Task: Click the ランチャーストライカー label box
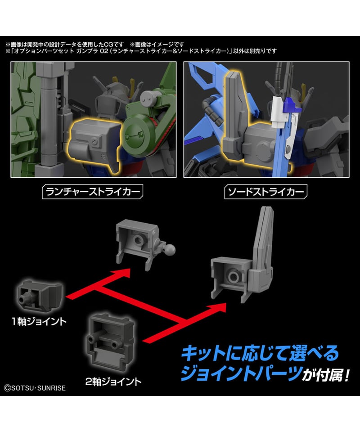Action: (x=93, y=192)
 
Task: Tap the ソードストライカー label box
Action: (x=266, y=192)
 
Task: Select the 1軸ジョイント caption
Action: (x=39, y=321)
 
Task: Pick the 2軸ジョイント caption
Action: (x=113, y=382)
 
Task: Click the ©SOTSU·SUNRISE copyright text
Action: (x=35, y=388)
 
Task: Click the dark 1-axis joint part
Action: (x=40, y=296)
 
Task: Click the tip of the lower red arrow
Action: (x=226, y=304)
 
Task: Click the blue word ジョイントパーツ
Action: (x=241, y=373)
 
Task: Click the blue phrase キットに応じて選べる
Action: (x=260, y=353)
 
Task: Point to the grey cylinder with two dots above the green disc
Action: (x=148, y=99)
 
